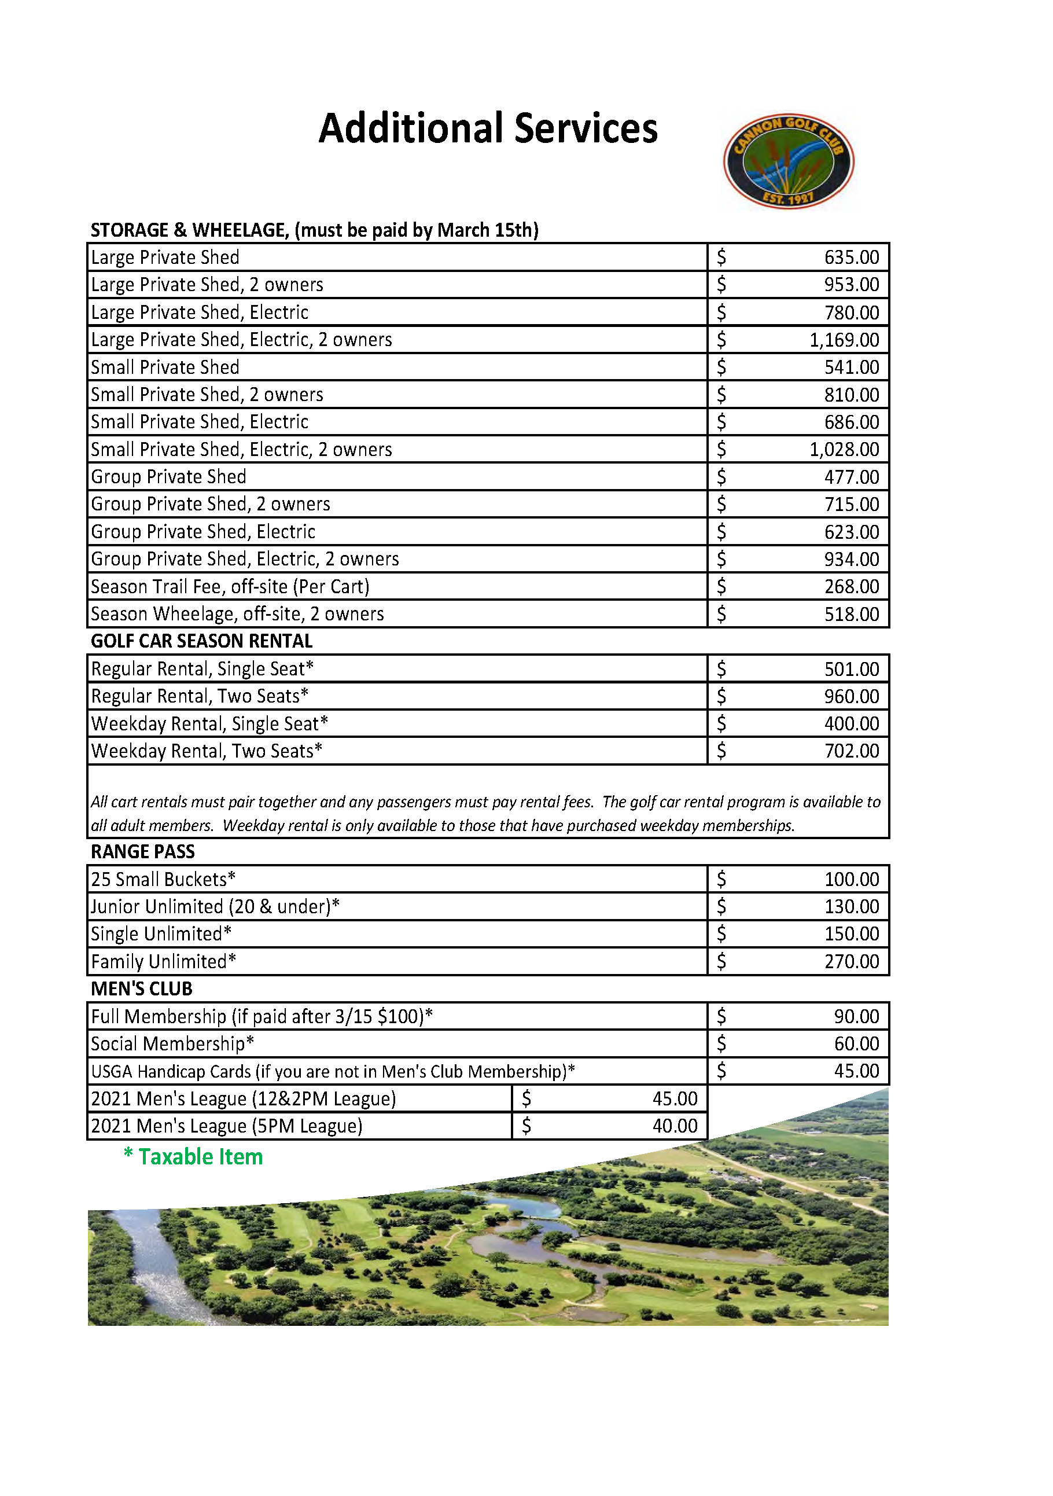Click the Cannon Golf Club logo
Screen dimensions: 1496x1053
[x=788, y=161]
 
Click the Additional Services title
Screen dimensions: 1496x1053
[x=488, y=128]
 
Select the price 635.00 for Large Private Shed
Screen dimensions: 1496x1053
[x=851, y=258]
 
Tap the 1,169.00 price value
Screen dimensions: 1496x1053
[x=844, y=340]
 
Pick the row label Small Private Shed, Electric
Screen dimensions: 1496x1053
[x=199, y=421]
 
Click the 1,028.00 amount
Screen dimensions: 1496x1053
[x=844, y=450]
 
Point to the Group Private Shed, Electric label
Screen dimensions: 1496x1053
[x=203, y=532]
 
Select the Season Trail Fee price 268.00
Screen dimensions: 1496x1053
[x=851, y=586]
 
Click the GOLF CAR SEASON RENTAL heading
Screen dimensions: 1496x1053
[x=201, y=641]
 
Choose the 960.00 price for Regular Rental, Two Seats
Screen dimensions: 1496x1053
[x=851, y=697]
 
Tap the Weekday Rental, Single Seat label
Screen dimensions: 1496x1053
[x=209, y=724]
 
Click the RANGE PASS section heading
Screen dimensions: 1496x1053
[x=142, y=852]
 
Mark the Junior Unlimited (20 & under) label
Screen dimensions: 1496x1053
[x=215, y=906]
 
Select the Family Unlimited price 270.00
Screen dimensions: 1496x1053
[x=851, y=962]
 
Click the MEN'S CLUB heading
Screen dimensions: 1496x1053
[x=141, y=989]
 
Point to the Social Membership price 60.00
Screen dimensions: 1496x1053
[x=856, y=1044]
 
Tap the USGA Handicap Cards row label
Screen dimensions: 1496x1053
[x=333, y=1071]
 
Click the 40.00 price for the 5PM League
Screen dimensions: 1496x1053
[x=674, y=1126]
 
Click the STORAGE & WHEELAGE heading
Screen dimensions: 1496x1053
[x=315, y=230]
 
